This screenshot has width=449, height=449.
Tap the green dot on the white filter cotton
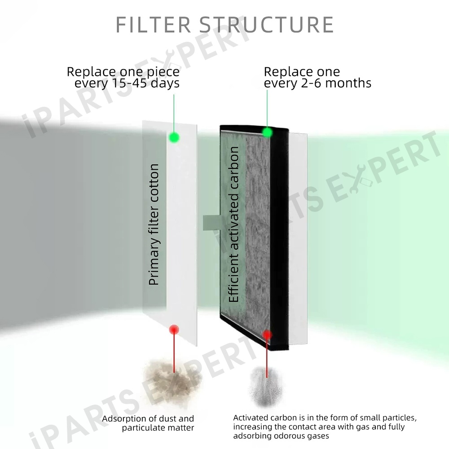(173, 137)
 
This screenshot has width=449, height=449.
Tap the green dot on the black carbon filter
(267, 132)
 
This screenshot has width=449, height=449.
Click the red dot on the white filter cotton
(173, 330)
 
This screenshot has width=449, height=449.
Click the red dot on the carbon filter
(267, 335)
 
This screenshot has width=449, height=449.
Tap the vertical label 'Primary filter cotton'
(154, 224)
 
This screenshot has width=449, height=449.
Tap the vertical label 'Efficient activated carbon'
(233, 224)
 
